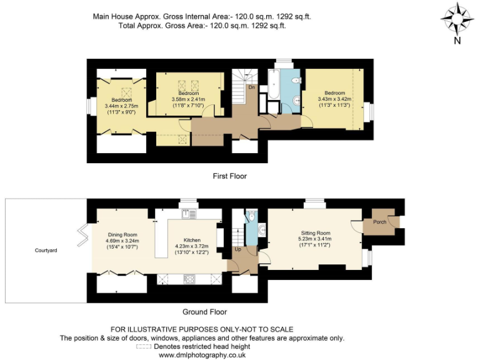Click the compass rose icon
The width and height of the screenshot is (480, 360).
[457, 19]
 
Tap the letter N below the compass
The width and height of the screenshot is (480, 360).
[457, 41]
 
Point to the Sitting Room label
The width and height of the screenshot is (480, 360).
[316, 232]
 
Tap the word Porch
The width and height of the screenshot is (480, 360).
[379, 221]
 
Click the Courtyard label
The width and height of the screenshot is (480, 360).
[46, 251]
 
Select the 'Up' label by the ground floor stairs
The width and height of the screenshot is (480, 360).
[237, 249]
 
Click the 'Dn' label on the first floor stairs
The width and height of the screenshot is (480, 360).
[251, 87]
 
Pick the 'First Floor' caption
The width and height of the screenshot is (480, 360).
[229, 176]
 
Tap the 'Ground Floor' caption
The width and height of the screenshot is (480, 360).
[204, 312]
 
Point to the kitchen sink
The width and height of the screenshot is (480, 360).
[189, 214]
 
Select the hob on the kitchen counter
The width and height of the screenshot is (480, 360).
[189, 279]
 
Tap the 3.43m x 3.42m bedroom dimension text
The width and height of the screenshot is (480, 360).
[334, 99]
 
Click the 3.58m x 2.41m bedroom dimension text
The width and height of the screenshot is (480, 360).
[188, 99]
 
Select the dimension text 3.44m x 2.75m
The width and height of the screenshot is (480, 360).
[122, 106]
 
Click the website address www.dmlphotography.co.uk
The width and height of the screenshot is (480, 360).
[202, 355]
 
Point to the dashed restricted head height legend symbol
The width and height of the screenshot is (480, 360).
[143, 347]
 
